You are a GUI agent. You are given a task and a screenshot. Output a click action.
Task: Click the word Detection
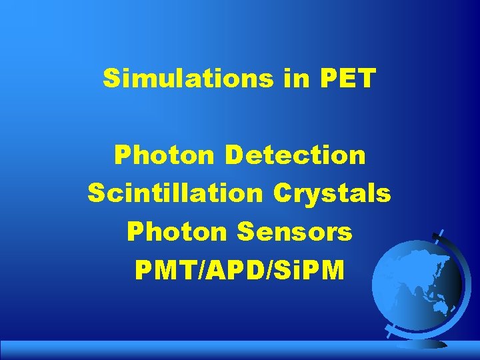pyautogui.click(x=295, y=156)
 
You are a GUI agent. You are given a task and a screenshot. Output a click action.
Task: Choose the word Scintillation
pyautogui.click(x=175, y=194)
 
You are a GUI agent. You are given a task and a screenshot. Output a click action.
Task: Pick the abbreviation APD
pyautogui.click(x=233, y=270)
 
